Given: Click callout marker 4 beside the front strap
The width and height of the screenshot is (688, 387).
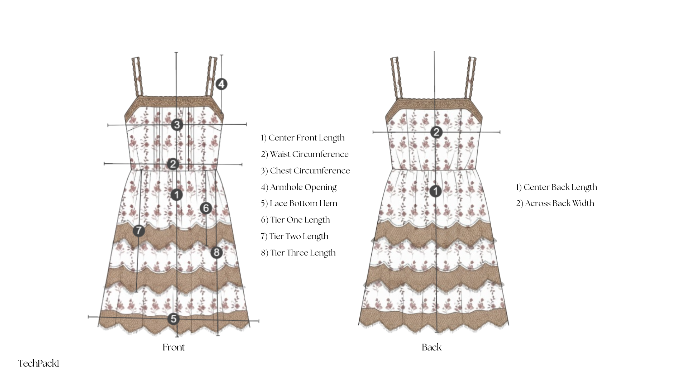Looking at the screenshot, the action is [222, 84].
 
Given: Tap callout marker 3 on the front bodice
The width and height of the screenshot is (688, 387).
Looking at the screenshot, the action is [177, 125].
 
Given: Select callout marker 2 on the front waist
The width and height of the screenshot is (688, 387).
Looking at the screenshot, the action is [173, 164].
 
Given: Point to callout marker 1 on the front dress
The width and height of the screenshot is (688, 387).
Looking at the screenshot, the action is [177, 195].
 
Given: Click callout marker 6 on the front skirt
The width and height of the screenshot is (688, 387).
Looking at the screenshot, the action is [206, 208].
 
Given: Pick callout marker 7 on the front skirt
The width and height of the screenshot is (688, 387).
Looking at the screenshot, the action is [139, 230].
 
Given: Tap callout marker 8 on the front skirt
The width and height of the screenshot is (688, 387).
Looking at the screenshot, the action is [216, 253].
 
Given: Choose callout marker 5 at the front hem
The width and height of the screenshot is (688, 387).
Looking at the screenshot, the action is [173, 319].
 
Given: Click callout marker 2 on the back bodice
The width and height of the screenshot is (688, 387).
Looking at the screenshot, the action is [436, 132].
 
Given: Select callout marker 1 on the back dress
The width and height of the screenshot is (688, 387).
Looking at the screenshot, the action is [435, 191].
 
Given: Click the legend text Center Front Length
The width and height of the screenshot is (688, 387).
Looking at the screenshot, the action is [303, 138].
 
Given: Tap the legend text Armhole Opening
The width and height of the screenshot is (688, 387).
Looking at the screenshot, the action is [299, 187].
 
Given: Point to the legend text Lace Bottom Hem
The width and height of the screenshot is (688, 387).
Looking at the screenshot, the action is [299, 204].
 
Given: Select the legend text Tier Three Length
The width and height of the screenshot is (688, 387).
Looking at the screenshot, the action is [298, 253].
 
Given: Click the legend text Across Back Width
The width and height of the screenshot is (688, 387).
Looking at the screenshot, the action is [555, 204].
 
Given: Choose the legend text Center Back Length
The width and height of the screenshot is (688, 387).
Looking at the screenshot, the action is [556, 187].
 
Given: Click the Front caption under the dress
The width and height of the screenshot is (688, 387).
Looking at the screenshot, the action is [173, 347].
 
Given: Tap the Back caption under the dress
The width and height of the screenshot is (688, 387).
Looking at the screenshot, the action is [431, 347].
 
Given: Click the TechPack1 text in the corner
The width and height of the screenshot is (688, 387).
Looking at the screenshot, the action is [39, 364].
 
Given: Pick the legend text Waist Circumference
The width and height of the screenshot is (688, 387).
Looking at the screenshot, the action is [305, 154].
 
